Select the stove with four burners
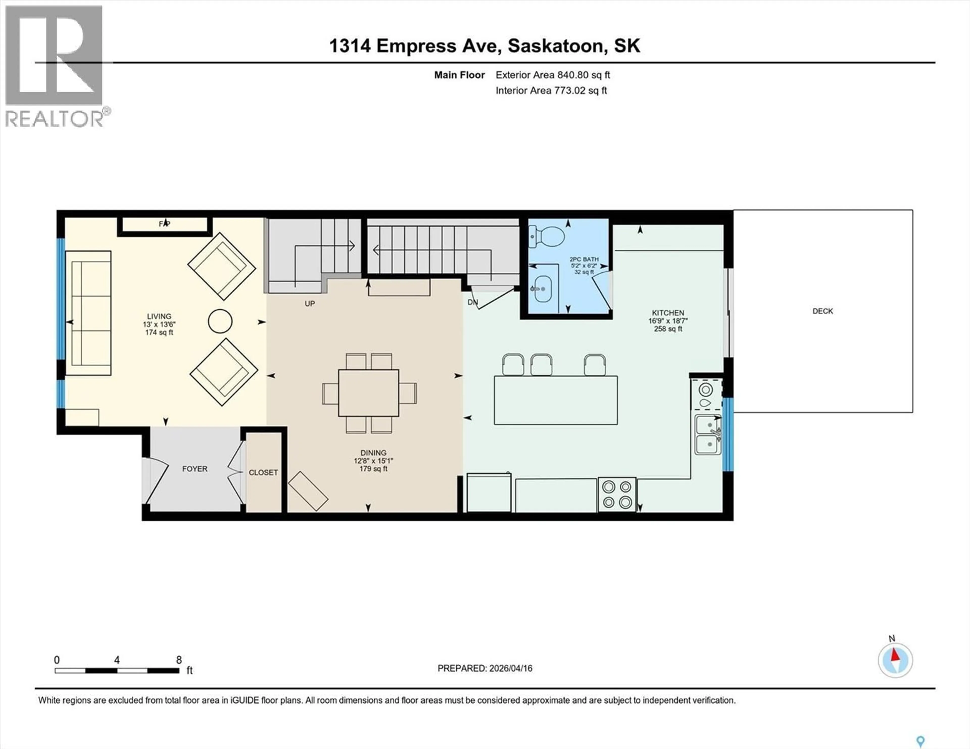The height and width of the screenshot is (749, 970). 617,495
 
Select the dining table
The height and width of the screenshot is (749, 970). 368,393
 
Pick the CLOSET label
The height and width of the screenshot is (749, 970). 263,472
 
